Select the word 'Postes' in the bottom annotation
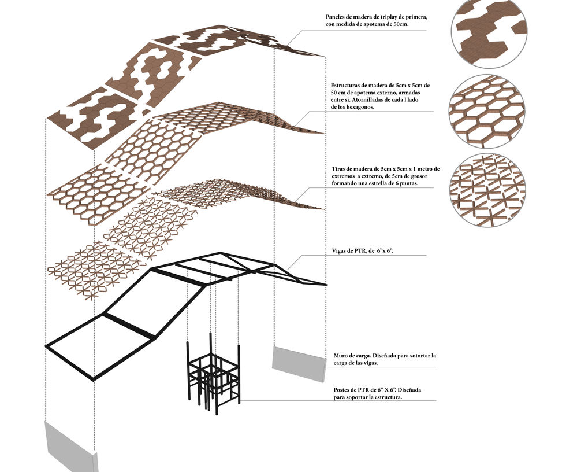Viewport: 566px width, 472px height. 342,390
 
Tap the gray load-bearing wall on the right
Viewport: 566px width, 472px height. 297,363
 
